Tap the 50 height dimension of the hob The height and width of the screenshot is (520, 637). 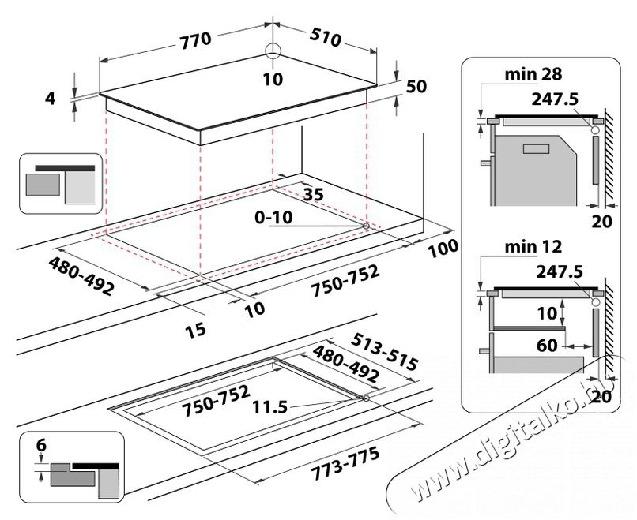click(x=416, y=88)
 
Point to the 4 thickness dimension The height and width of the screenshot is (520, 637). click(x=51, y=99)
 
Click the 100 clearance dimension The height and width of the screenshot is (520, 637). click(x=443, y=249)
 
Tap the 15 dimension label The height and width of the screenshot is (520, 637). click(x=195, y=329)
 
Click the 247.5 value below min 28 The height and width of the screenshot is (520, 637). click(x=556, y=99)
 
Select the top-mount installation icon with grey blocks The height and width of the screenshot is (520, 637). click(x=61, y=183)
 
